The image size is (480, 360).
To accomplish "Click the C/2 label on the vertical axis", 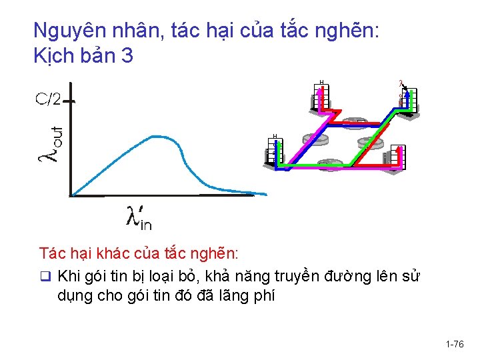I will [48, 99].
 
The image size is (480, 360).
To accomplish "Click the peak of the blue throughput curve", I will [157, 137].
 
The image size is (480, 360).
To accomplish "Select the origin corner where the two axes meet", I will [71, 195].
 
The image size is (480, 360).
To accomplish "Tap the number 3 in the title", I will [127, 57].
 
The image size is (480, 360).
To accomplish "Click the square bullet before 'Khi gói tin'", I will [45, 277].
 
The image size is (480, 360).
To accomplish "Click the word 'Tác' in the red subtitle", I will [51, 254].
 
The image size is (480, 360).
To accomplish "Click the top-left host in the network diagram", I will [321, 97].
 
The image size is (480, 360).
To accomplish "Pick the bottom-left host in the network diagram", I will [275, 153].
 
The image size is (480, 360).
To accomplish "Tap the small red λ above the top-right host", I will [401, 84].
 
